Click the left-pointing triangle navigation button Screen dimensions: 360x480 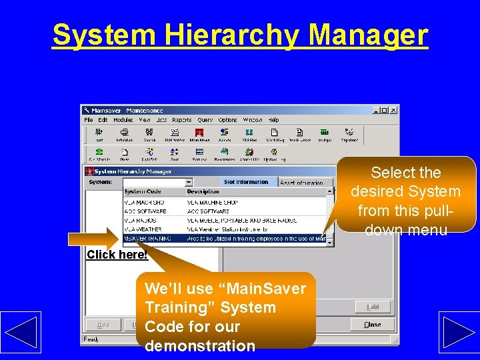pos(20,332)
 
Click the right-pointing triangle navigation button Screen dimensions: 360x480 pos(458,332)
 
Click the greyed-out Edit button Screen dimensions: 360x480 pos(373,307)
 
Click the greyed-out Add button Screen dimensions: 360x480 pos(103,325)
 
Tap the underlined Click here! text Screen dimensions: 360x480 pos(117,255)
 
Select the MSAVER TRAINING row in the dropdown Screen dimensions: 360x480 pos(148,238)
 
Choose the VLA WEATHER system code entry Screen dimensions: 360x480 pos(144,229)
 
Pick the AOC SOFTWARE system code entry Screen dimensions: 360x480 pos(145,211)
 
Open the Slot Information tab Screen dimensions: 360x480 pos(246,182)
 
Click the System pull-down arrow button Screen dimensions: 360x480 pos(189,182)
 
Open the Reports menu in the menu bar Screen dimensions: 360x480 pos(182,120)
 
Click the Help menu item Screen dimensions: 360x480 pos(273,120)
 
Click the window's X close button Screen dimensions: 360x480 pos(393,110)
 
